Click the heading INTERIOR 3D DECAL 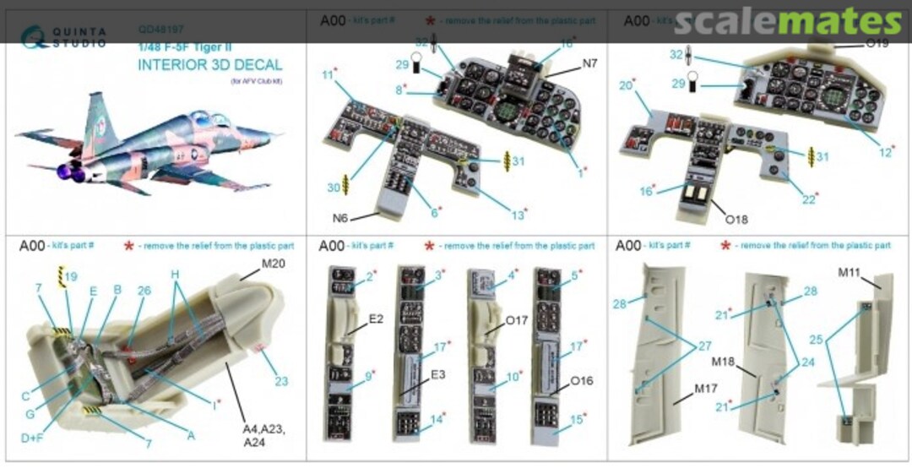(209, 65)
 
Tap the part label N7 (588, 63)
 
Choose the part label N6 (339, 218)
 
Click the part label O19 (876, 43)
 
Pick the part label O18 (736, 220)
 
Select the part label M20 (274, 262)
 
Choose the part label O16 (581, 380)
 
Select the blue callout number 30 (334, 187)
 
